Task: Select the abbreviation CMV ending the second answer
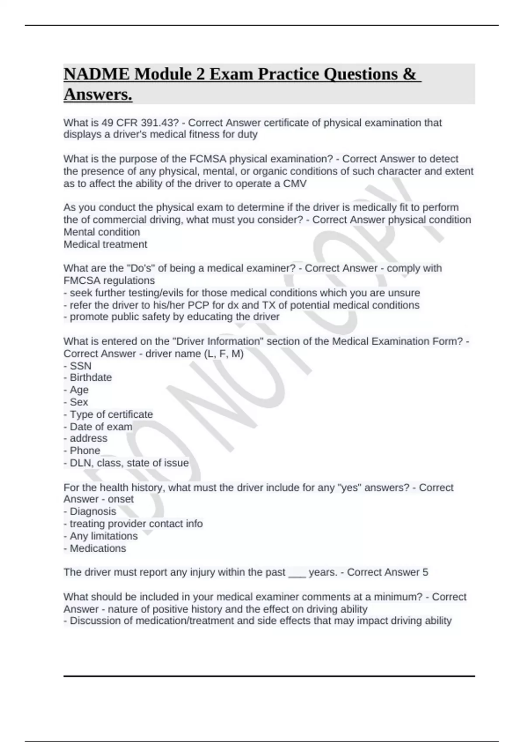point(295,183)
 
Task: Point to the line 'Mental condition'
point(102,232)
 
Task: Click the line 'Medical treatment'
point(105,244)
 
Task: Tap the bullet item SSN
point(80,366)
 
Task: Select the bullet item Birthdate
point(90,377)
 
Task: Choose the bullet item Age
point(79,389)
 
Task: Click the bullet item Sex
point(79,402)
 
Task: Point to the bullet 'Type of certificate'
point(111,414)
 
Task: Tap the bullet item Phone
point(85,450)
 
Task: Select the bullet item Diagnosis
point(93,511)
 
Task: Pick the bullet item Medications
point(97,548)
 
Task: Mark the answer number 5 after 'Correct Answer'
point(425,572)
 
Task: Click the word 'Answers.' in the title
point(98,94)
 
